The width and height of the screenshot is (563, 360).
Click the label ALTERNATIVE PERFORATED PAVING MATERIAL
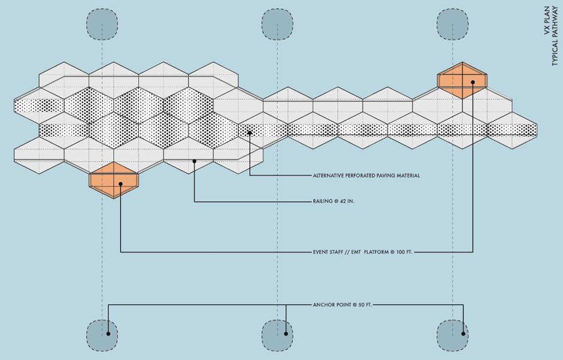click(x=366, y=176)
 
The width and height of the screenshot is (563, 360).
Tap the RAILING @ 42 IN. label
click(x=334, y=201)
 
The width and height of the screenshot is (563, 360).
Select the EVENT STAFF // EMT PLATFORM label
click(x=363, y=252)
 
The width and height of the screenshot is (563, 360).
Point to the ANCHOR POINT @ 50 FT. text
click(x=343, y=305)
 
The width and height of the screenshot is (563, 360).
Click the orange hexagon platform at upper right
click(x=462, y=80)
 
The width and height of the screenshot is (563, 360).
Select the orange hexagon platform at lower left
click(x=114, y=180)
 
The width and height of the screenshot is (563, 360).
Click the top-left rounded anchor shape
click(x=102, y=25)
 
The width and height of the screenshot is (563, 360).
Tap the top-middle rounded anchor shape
click(x=277, y=25)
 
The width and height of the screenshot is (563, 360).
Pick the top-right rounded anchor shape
click(x=453, y=25)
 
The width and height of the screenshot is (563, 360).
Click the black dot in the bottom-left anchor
click(x=108, y=334)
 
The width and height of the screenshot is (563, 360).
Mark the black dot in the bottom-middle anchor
click(x=286, y=334)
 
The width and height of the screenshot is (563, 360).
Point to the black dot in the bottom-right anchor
click(x=464, y=334)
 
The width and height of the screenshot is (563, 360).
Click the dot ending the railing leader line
click(x=195, y=161)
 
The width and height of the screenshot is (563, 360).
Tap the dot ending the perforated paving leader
click(x=250, y=133)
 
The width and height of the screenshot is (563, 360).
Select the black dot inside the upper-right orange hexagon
click(x=473, y=83)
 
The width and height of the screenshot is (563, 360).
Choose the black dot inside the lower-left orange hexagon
click(x=121, y=184)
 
